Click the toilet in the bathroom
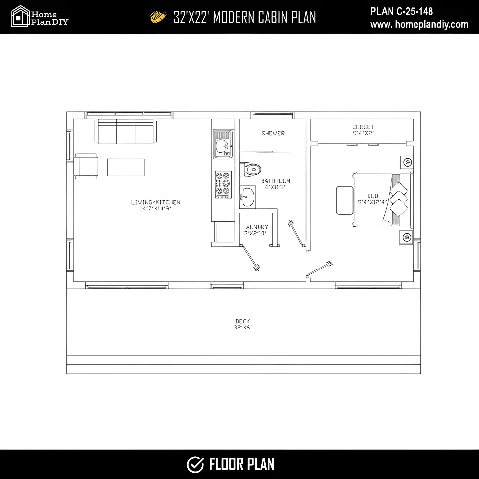[250, 169]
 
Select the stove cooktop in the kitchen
[223, 184]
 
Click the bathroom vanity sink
[248, 197]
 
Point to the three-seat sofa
[126, 131]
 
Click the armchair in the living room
[86, 166]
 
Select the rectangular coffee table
[126, 167]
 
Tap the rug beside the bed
[345, 200]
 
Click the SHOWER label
[273, 133]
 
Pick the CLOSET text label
[363, 127]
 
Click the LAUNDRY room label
[255, 227]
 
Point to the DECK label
[243, 321]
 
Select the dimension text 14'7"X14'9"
[156, 208]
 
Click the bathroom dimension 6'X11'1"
[275, 187]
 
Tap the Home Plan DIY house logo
[20, 16]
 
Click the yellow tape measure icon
[158, 17]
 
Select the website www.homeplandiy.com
[419, 24]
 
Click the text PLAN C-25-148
[401, 11]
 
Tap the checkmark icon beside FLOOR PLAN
[195, 465]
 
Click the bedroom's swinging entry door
[320, 269]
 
